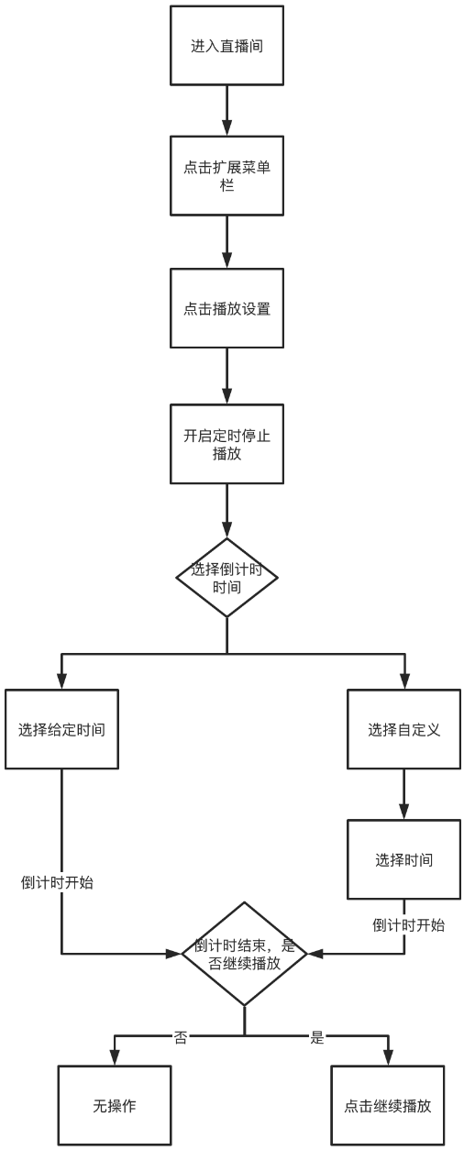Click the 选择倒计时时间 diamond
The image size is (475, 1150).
point(226,578)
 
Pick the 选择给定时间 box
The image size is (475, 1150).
point(62,730)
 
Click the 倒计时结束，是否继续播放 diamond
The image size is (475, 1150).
point(244,954)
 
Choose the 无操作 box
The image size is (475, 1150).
point(115,1105)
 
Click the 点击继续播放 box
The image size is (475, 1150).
point(387,1105)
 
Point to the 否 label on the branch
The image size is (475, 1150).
point(181,1037)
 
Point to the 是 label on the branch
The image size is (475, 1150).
point(317,1037)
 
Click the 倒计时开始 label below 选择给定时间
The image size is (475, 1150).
point(57,883)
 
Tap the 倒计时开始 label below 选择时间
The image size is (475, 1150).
point(409,924)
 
